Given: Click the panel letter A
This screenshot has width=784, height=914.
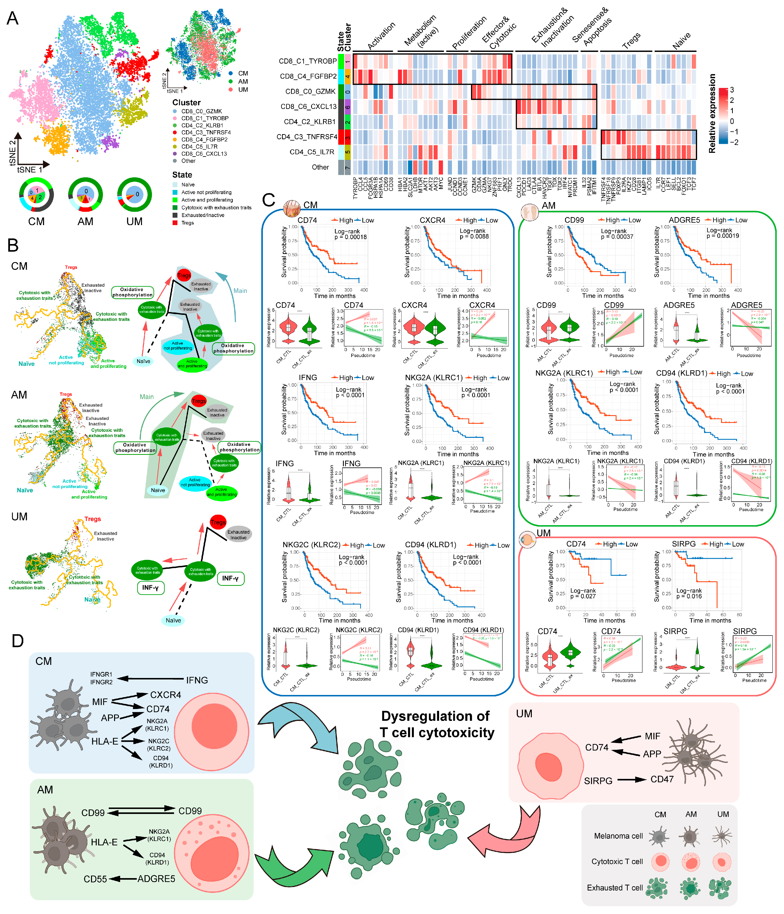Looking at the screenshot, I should tap(12, 18).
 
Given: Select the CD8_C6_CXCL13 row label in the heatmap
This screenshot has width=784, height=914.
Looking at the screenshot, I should tap(308, 107).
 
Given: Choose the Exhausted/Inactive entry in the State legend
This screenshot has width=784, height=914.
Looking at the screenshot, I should tap(203, 215).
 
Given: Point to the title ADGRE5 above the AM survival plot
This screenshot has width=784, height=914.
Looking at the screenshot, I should tap(684, 220).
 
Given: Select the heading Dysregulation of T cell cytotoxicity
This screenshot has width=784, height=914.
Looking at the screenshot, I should tap(436, 724).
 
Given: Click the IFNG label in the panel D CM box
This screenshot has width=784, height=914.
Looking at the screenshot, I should tap(197, 680).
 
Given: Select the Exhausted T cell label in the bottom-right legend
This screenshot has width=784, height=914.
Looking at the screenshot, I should tap(615, 888).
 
